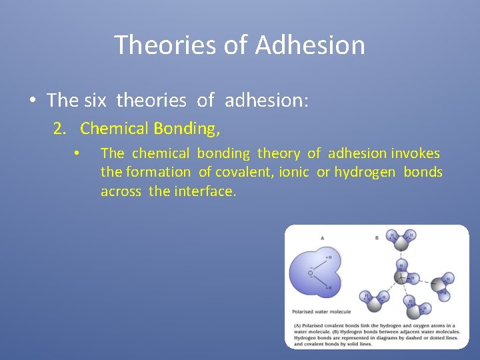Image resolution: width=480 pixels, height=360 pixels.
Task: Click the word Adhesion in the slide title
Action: click(x=309, y=45)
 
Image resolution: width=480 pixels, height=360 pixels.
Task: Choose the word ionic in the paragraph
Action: click(x=294, y=172)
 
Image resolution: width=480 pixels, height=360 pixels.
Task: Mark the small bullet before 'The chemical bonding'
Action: click(x=77, y=154)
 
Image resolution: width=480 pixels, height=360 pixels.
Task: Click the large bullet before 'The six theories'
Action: click(x=32, y=101)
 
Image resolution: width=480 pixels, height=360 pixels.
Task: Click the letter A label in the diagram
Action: click(x=322, y=237)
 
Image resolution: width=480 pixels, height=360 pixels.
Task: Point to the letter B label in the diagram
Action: click(x=377, y=237)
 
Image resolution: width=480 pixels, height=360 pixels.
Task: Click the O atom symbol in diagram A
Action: click(x=310, y=273)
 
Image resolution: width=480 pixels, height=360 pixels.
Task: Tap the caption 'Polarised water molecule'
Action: click(x=321, y=311)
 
